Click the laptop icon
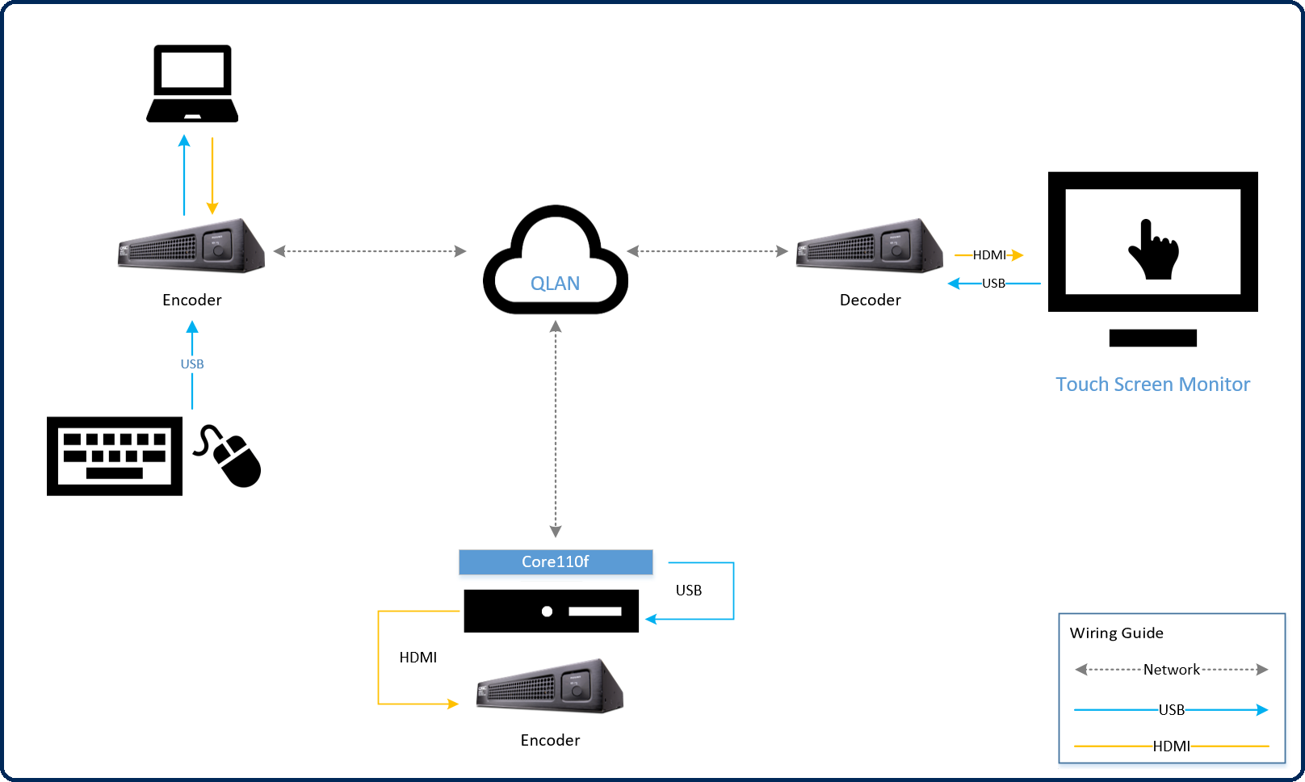[x=192, y=84]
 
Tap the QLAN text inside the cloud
[x=555, y=284]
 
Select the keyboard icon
[x=115, y=456]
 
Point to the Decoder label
[x=870, y=301]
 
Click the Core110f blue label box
[x=556, y=561]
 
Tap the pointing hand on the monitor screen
[x=1153, y=250]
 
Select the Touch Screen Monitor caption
[x=1152, y=385]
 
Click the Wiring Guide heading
[x=1116, y=633]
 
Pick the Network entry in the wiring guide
[x=1171, y=670]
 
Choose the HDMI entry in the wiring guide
[x=1171, y=746]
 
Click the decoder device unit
[x=870, y=246]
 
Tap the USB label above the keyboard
[x=192, y=364]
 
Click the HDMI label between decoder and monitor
[x=988, y=255]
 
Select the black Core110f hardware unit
[x=551, y=611]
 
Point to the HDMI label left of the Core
[x=418, y=658]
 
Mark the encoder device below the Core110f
[x=550, y=686]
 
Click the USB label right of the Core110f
[x=689, y=591]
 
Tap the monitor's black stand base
[x=1152, y=338]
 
